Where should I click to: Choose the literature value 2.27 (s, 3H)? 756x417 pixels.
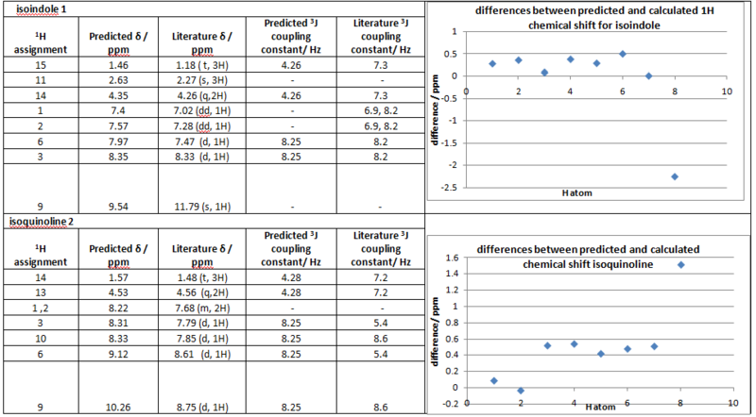coord(195,80)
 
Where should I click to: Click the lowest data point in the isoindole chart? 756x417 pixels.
coord(674,176)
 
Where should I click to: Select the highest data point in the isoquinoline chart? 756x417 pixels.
coord(680,265)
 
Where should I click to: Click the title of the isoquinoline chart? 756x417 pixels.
coord(588,257)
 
